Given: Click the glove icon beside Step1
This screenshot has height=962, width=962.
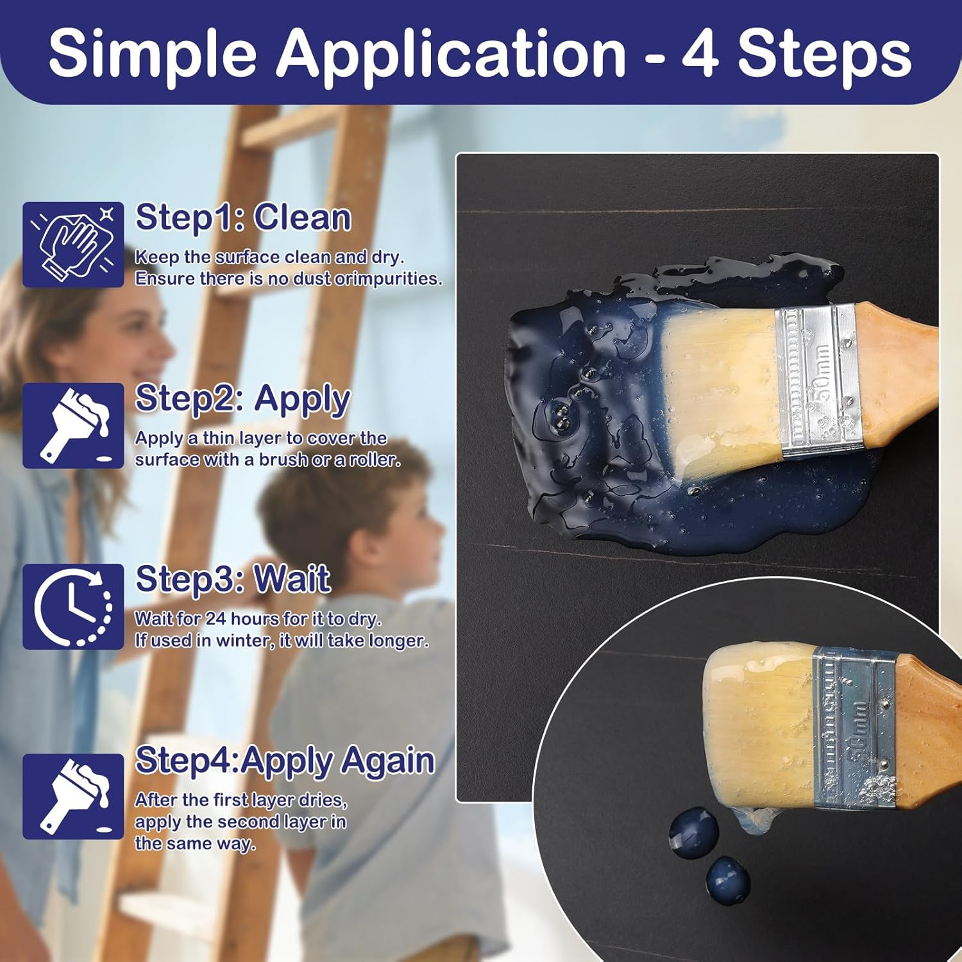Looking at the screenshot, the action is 73,244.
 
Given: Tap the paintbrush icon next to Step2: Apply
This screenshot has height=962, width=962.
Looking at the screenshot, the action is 73,425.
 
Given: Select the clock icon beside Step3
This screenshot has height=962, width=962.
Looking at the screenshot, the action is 73,607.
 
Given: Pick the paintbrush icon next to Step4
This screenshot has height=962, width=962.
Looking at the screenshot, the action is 73,797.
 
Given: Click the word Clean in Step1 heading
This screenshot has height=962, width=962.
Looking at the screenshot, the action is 302,218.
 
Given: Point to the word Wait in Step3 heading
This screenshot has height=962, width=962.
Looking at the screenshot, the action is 292,579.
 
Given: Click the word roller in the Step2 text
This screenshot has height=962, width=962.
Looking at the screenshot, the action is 375,460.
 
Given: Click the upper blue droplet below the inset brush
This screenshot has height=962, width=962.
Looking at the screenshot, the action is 693,832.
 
